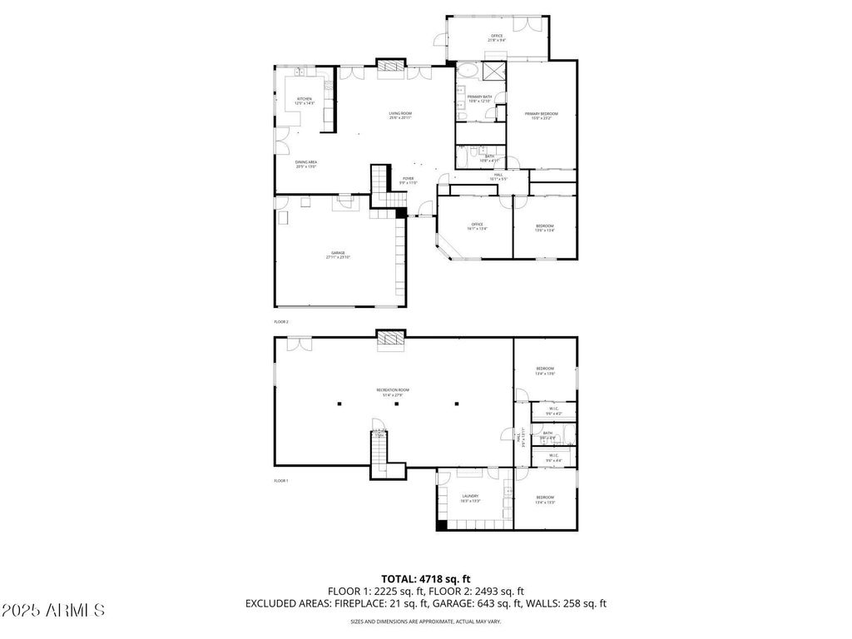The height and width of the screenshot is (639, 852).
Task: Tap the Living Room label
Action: pyautogui.click(x=400, y=115)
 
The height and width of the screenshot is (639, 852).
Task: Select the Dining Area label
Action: pyautogui.click(x=306, y=163)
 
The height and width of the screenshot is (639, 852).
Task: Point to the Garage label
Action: pyautogui.click(x=338, y=255)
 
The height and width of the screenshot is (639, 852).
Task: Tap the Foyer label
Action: pyautogui.click(x=409, y=180)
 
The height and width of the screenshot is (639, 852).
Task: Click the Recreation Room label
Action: pyautogui.click(x=392, y=391)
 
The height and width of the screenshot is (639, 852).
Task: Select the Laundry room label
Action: pyautogui.click(x=470, y=498)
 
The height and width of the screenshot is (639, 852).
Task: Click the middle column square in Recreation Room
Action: pyautogui.click(x=397, y=404)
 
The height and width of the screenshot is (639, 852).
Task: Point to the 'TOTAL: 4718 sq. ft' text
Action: pyautogui.click(x=426, y=578)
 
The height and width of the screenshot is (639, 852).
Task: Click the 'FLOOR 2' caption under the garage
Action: pyautogui.click(x=281, y=321)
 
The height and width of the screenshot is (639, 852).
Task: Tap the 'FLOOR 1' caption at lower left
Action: pyautogui.click(x=281, y=481)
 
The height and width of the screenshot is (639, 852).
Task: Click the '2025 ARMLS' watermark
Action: pyautogui.click(x=53, y=611)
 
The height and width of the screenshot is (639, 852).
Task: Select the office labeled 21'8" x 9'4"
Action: pyautogui.click(x=496, y=37)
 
